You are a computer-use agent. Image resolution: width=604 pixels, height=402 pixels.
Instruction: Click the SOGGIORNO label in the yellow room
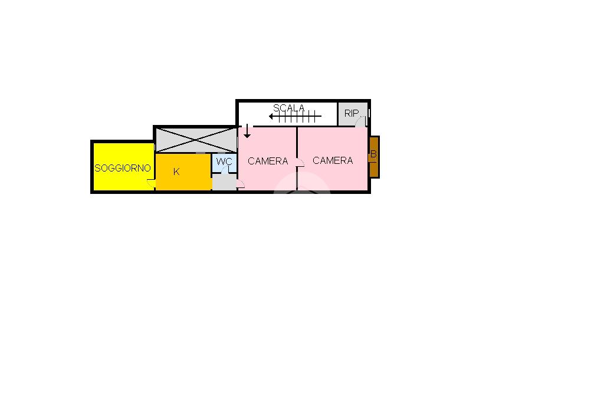[x=123, y=168]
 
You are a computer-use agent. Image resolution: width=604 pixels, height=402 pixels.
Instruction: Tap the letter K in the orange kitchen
[x=176, y=172]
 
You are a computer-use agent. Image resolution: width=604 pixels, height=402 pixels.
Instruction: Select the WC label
[x=224, y=162]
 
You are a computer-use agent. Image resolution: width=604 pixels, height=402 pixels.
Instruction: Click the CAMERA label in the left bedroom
[x=268, y=161]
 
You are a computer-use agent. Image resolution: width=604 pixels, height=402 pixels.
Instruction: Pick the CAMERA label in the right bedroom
[x=333, y=160]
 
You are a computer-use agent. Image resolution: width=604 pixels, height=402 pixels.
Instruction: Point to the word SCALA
[x=289, y=108]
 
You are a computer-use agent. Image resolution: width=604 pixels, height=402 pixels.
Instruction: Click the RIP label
[x=352, y=113]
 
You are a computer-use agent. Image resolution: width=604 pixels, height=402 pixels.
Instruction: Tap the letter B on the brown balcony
[x=373, y=154]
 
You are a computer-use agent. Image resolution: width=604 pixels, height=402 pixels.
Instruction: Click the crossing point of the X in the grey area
[x=196, y=140]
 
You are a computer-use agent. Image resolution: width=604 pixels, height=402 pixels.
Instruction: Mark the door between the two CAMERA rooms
[x=300, y=163]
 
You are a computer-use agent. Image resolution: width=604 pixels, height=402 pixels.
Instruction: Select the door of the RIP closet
[x=360, y=121]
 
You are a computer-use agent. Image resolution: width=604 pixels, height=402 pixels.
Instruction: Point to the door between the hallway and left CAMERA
[x=239, y=184]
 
